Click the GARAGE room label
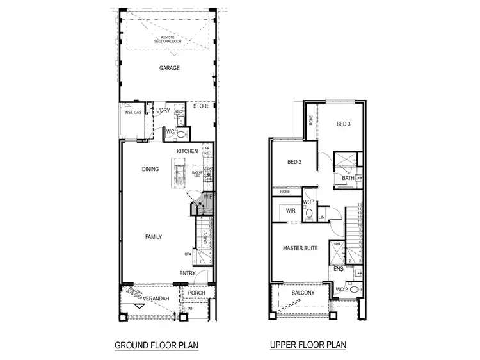(170, 67)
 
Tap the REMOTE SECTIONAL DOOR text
(169, 40)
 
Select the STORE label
(202, 106)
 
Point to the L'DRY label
(163, 111)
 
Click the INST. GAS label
(133, 112)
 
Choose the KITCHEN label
(188, 151)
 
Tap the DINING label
(150, 169)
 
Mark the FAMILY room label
(153, 237)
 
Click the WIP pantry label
(208, 197)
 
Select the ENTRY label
(188, 274)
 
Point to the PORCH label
(196, 293)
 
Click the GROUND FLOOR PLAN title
(156, 345)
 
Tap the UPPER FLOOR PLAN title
(308, 345)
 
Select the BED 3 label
(342, 124)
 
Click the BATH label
(348, 178)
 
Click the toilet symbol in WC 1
(309, 213)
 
